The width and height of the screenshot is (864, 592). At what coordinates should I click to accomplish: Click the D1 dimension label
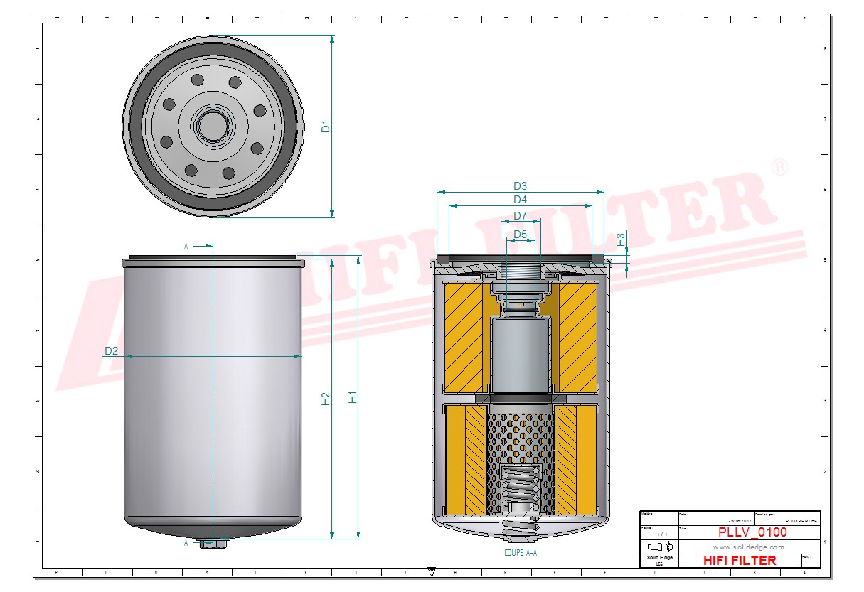[326, 127]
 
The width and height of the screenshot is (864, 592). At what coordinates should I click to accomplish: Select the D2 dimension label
[111, 351]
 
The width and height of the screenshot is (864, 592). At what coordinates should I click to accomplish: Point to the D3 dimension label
[520, 186]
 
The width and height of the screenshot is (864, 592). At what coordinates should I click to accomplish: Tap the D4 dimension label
[520, 200]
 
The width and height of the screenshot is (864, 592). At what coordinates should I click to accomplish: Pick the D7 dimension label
[520, 215]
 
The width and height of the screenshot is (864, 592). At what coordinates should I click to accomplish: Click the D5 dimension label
[520, 234]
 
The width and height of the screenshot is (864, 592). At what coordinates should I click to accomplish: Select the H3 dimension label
[621, 240]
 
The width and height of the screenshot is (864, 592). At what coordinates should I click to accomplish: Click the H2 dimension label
[326, 399]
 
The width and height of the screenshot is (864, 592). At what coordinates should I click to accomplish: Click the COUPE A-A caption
[520, 552]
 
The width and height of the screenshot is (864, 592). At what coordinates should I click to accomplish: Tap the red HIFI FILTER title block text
[740, 561]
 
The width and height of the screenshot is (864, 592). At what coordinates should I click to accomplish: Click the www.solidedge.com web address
[748, 547]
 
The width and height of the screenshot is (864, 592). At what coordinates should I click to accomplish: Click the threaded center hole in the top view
[213, 126]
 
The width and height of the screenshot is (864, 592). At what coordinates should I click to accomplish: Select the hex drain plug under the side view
[213, 544]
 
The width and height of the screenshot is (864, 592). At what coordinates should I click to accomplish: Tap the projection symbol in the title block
[659, 547]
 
